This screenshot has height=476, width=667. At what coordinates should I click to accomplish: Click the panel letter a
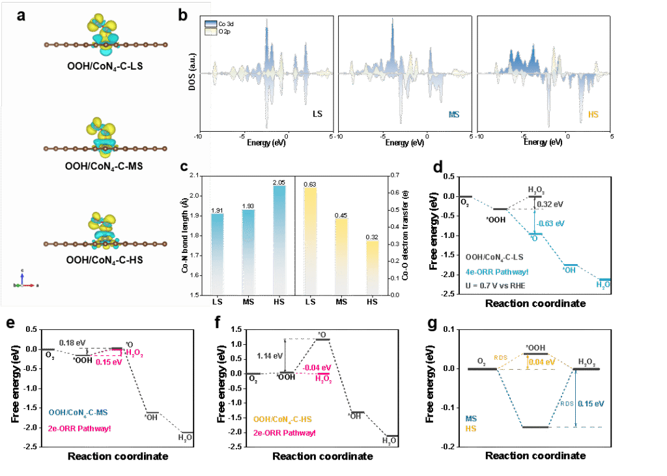tap(21, 16)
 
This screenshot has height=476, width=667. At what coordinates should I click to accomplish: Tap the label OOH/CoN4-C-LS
tap(105, 65)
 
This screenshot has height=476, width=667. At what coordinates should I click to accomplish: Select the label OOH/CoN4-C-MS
tap(105, 166)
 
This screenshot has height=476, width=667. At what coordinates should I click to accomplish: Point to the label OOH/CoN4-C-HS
tap(105, 260)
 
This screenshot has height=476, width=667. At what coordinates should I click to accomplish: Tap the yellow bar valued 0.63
tap(311, 241)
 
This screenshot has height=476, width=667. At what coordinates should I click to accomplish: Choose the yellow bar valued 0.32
tap(372, 267)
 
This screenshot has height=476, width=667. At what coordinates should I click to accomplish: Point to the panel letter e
tap(9, 324)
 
